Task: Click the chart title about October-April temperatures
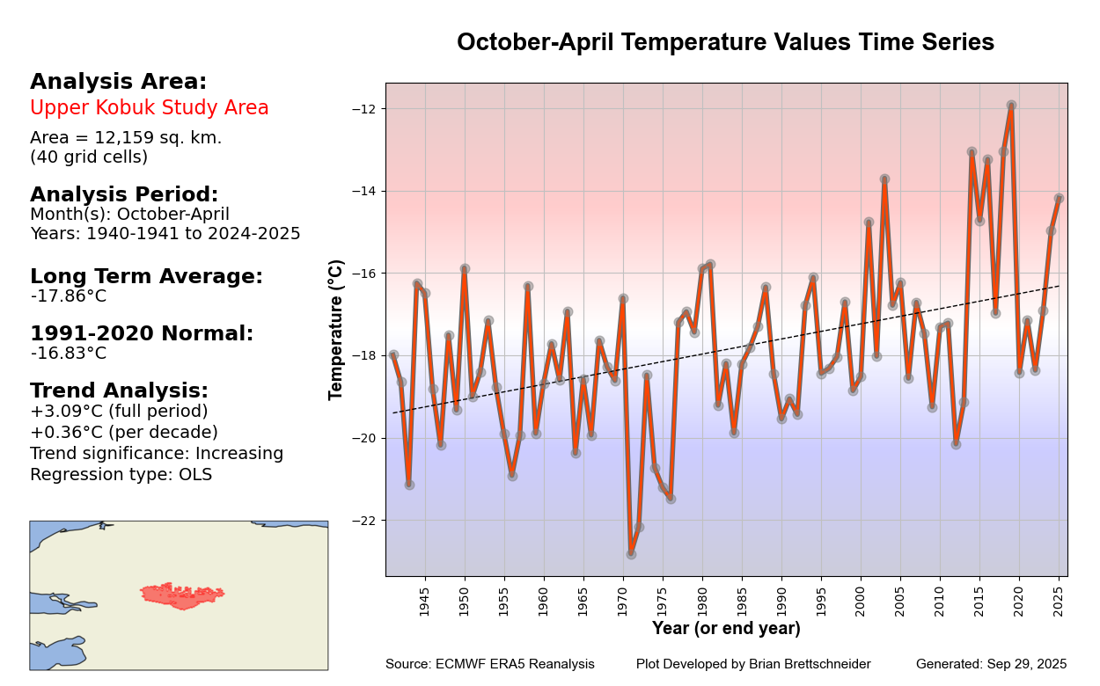coord(725,42)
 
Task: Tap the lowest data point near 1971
coord(631,554)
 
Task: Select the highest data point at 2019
coord(1011,106)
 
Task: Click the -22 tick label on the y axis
coord(365,521)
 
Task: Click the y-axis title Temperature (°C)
coord(336,329)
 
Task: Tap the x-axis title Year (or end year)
coord(726,628)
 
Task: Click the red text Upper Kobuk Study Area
coord(150,108)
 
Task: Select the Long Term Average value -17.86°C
coord(69,296)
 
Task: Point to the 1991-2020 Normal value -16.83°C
coord(69,354)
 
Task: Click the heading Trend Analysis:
coord(119,390)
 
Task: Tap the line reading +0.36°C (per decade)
coord(124,433)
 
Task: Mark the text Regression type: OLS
coord(121,475)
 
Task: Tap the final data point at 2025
coord(1059,198)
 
